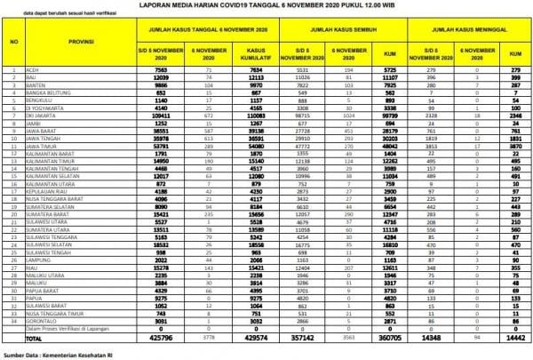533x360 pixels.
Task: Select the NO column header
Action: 12,42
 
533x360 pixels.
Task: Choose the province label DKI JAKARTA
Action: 45,116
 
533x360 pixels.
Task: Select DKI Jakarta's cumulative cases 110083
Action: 256,116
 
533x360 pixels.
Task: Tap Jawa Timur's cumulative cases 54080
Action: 257,146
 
